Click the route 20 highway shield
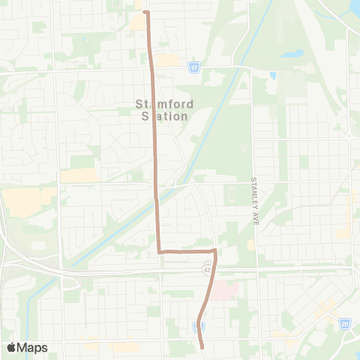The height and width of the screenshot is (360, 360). (x=345, y=323)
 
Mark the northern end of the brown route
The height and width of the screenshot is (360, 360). (x=146, y=12)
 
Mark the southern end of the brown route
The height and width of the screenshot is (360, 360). (x=202, y=346)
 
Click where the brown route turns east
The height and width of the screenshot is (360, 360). (x=159, y=251)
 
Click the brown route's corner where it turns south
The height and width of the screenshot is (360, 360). (x=214, y=250)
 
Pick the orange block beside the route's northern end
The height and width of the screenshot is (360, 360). (x=137, y=22)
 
